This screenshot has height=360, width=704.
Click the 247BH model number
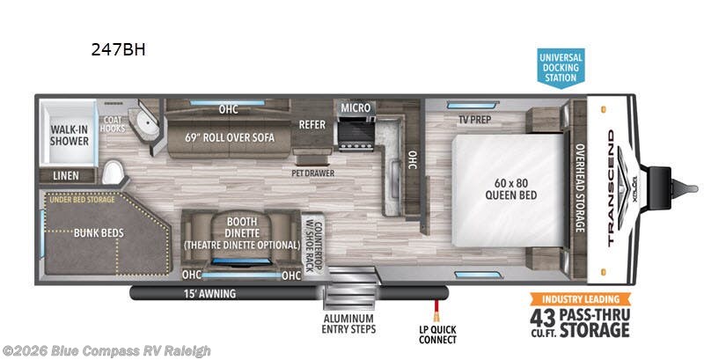click(118, 49)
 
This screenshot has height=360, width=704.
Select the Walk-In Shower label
click(68, 133)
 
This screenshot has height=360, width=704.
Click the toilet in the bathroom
click(113, 170)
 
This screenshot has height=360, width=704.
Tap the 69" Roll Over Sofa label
click(231, 137)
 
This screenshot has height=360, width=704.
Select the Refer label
click(312, 124)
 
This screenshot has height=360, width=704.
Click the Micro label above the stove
click(356, 107)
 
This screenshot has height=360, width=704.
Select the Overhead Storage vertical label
click(579, 188)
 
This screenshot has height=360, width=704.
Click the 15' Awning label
click(209, 292)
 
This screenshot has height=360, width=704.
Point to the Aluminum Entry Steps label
click(348, 323)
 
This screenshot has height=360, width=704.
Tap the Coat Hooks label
click(112, 124)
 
